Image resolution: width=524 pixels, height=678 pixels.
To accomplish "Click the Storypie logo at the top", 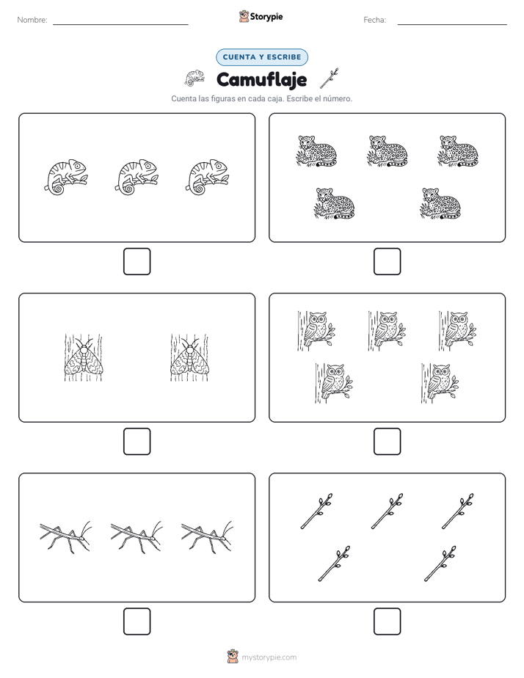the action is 261,16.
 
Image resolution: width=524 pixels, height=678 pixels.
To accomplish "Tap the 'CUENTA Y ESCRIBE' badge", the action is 262,57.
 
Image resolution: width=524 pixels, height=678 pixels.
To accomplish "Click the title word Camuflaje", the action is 261,79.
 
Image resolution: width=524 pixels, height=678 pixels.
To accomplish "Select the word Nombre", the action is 32,20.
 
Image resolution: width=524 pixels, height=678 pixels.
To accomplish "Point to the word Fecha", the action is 374,20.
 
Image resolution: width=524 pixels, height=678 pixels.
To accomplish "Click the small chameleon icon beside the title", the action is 194,78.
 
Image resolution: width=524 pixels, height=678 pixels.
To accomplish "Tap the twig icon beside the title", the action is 330,79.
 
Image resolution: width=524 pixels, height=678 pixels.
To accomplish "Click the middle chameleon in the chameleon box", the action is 137,178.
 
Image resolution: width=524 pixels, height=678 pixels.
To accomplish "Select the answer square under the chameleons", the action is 137,262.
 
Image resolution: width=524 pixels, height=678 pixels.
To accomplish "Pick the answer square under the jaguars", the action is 387,262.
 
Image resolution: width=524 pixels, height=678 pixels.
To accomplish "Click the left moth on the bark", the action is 84,357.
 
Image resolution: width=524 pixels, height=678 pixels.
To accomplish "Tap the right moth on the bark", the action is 189,357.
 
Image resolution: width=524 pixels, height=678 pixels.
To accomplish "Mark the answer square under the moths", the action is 137,442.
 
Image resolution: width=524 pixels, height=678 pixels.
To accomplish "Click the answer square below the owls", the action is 387,442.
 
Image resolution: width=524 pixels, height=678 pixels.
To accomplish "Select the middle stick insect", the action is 137,537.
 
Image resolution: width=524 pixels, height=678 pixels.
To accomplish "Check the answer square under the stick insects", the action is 137,621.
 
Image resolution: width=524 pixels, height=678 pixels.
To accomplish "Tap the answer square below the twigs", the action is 387,621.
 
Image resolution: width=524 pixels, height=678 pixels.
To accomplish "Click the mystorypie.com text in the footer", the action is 269,657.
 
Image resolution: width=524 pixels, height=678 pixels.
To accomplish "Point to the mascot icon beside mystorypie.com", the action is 233,657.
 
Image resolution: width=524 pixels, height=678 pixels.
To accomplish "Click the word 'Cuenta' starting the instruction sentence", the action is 183,98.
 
